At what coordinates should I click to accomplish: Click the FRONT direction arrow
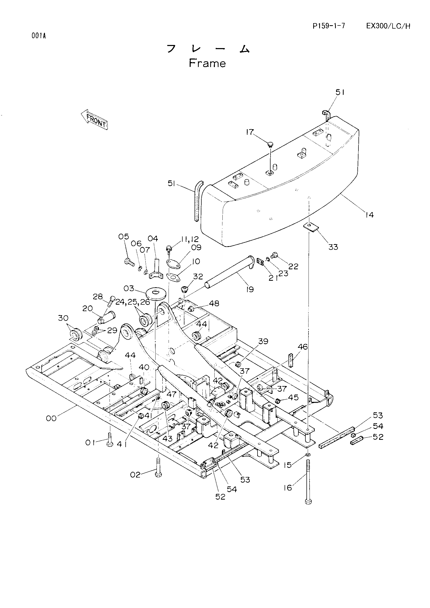(x=95, y=121)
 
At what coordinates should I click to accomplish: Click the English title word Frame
(x=207, y=63)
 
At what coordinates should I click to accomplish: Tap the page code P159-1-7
(x=329, y=26)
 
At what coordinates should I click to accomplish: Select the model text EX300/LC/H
(x=388, y=26)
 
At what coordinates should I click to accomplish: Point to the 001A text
(x=39, y=36)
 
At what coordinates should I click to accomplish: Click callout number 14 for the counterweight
(x=369, y=215)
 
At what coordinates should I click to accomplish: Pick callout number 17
(x=250, y=132)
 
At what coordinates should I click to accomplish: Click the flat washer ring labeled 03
(x=156, y=293)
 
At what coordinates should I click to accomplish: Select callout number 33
(x=333, y=247)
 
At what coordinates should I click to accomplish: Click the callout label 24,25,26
(x=133, y=302)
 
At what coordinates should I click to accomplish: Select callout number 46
(x=303, y=347)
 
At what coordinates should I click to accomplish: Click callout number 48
(x=214, y=303)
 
